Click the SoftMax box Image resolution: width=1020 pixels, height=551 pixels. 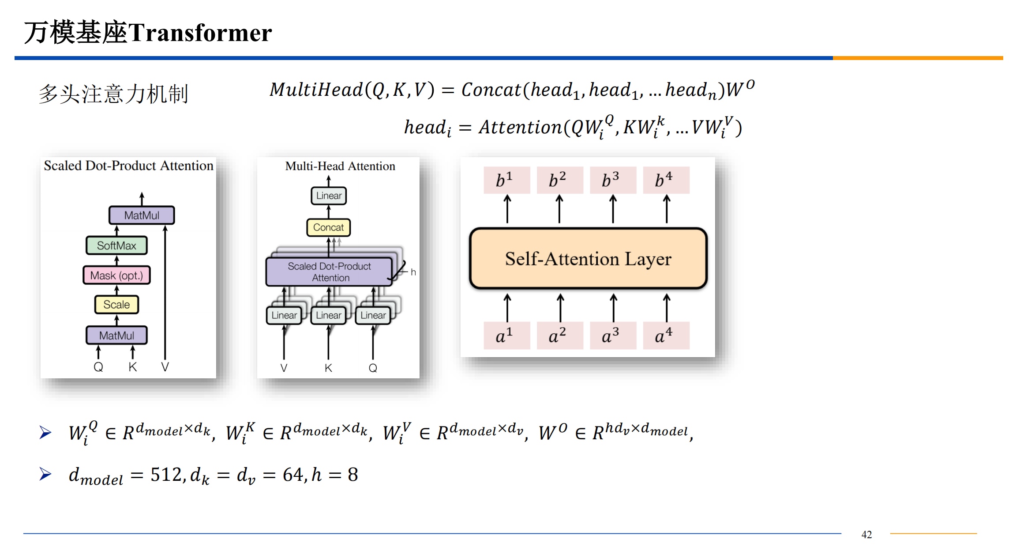coord(116,245)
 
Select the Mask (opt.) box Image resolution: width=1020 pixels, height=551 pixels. coord(116,275)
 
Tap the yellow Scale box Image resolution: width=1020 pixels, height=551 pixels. coord(116,305)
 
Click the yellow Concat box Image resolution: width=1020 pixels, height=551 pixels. coord(328,227)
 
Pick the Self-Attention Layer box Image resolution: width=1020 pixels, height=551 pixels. coord(588,259)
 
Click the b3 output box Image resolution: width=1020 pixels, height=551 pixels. coord(613,180)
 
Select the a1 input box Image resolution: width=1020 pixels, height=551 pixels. coord(506,336)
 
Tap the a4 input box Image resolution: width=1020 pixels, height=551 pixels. coord(666,336)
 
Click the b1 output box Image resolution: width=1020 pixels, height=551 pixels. coord(506,180)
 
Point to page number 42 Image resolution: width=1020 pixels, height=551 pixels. coord(866,535)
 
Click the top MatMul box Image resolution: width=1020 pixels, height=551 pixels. coord(142,215)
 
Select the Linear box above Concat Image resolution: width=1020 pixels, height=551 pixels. coord(329,196)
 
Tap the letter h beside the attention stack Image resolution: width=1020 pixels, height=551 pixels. coord(413,272)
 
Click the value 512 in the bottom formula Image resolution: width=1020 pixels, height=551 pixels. coord(166,475)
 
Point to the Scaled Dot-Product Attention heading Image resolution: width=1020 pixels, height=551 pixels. coord(128,166)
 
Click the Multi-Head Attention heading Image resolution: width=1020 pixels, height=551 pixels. coord(340,166)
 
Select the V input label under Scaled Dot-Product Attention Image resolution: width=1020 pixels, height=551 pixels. coord(165,367)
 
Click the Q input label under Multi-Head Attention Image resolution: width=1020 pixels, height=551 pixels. coord(373,368)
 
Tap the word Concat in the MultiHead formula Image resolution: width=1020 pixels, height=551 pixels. coord(491,90)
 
